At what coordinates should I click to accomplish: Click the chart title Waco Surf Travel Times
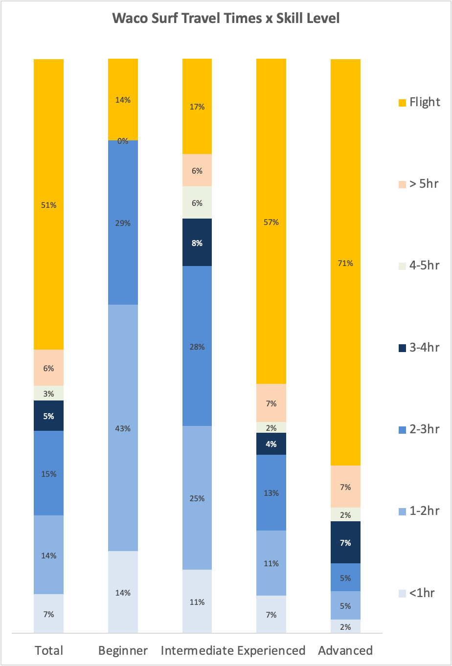coord(226,19)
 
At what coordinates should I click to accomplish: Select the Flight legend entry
coord(419,102)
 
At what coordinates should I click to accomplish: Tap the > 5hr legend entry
coord(419,184)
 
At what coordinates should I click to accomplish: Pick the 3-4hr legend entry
coord(419,348)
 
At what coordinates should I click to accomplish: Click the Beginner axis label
coord(123,651)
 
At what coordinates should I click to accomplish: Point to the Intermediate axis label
coord(197,651)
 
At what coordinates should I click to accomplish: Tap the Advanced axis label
coord(345,651)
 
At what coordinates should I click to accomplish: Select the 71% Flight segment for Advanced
coord(345,262)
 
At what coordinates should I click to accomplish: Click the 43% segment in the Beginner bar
coord(123,428)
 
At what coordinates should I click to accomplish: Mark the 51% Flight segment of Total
coord(48,204)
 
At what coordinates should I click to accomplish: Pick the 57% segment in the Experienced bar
coord(271,222)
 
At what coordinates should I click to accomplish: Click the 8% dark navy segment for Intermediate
coord(197,243)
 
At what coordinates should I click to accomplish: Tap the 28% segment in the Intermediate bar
coord(197,346)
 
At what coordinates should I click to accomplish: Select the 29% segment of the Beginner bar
coord(123,222)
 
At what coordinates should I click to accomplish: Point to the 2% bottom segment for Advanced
coord(345,626)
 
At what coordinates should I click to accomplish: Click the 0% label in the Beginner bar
coord(123,141)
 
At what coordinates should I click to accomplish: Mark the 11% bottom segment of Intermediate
coord(197,601)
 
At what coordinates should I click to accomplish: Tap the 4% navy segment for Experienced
coord(271,444)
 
